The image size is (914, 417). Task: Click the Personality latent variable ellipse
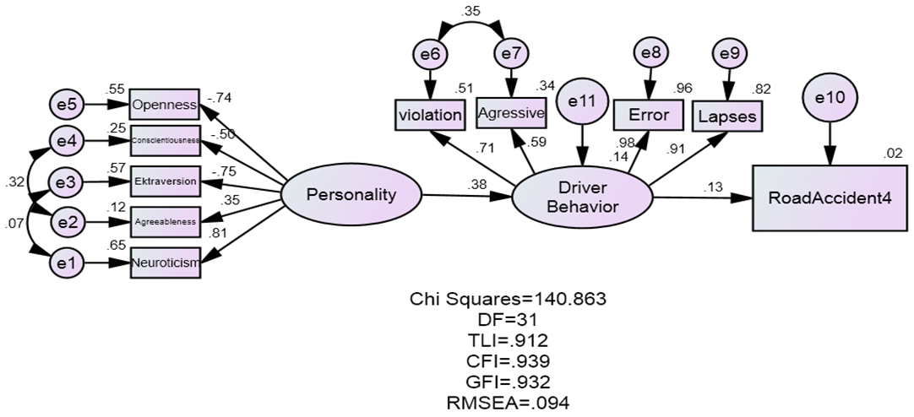coord(351,195)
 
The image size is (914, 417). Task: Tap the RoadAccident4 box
coord(826,198)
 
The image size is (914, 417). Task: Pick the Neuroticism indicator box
coord(165,263)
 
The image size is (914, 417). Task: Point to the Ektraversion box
coord(165,181)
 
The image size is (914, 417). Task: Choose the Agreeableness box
coord(165,222)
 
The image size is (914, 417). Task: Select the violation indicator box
coord(429,115)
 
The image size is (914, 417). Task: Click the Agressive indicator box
coord(510,111)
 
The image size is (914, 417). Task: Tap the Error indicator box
coord(649,115)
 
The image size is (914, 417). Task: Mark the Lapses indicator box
coord(728,115)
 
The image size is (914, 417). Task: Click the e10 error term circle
coord(829,97)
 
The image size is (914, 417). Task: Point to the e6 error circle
coord(430,54)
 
